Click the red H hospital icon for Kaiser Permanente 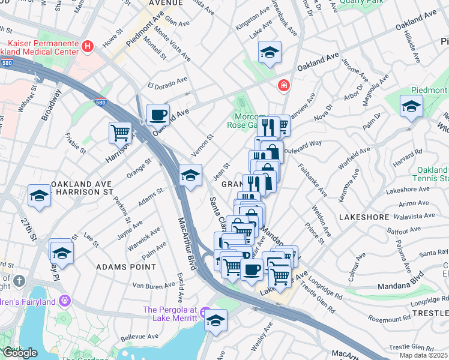(89, 46)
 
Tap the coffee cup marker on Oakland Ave (158, 114)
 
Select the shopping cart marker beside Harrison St (120, 132)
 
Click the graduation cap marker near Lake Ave (270, 52)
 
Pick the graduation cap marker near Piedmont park (411, 106)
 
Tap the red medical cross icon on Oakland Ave (282, 86)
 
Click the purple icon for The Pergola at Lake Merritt (205, 313)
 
